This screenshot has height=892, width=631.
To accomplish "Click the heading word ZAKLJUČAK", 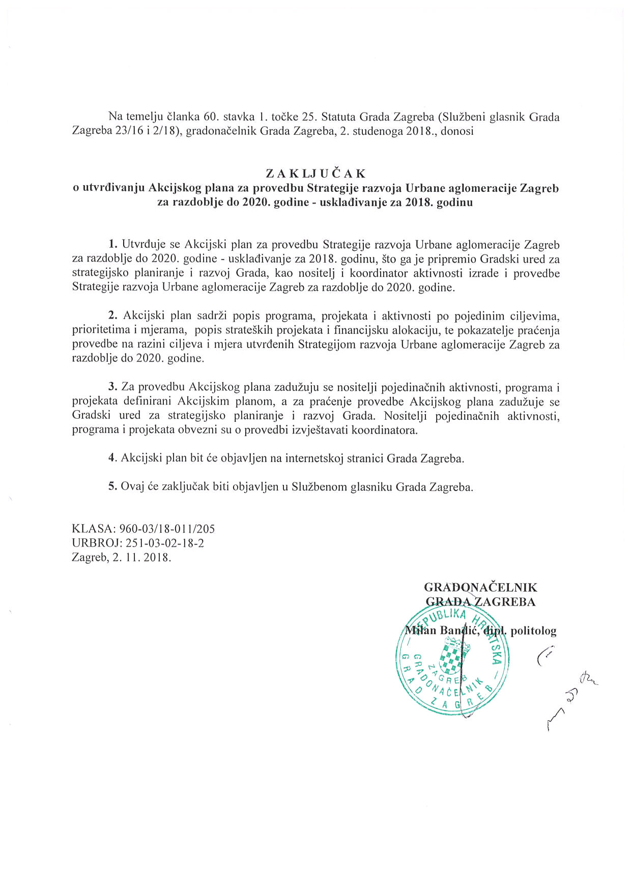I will [315, 173].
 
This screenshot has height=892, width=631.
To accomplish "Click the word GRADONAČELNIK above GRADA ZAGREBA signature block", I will [480, 588].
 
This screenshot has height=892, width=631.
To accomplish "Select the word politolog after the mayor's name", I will [533, 631].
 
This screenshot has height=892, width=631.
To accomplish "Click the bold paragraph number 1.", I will [113, 245].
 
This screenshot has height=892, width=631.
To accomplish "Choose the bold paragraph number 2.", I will [113, 316].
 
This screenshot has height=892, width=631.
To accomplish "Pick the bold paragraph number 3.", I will [113, 387].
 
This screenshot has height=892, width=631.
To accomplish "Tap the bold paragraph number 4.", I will [113, 458].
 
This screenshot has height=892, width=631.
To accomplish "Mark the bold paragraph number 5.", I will [113, 486].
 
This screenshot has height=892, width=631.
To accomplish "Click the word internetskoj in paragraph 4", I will [312, 458].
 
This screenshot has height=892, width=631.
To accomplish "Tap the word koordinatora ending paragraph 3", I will [385, 430].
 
